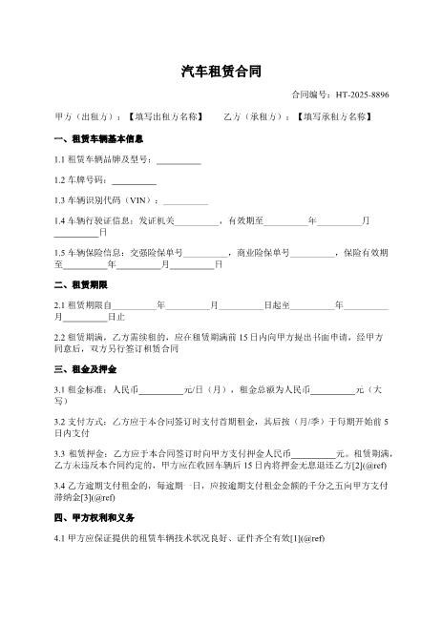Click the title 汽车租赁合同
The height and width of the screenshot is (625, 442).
221,72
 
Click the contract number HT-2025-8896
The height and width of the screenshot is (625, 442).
361,94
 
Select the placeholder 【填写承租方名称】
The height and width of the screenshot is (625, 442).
332,116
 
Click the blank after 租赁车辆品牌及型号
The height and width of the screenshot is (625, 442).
179,159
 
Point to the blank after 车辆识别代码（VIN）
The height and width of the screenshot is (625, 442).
186,201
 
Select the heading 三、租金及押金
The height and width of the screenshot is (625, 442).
85,368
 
